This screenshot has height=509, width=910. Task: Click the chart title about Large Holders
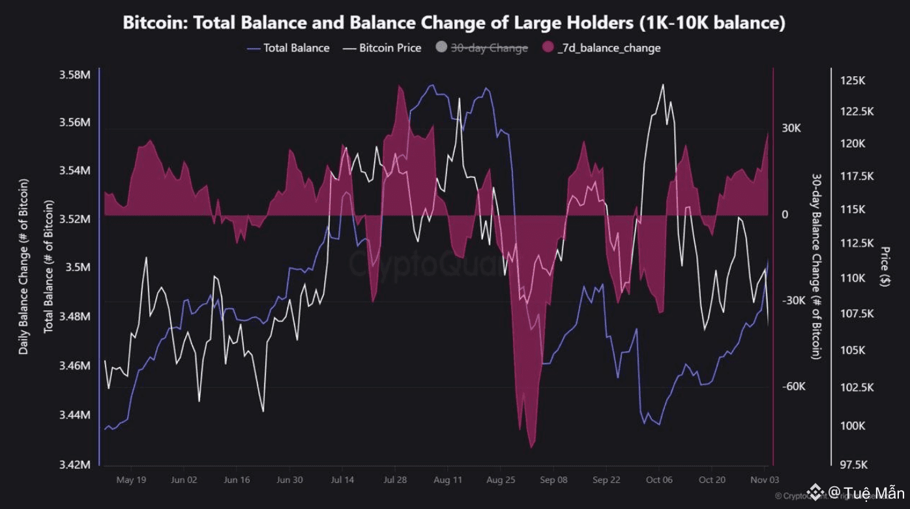point(454,23)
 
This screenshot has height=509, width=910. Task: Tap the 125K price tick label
point(853,81)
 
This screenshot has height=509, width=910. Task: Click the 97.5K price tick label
point(853,465)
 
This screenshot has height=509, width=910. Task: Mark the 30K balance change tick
point(791,128)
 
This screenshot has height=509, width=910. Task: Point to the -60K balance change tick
point(793,386)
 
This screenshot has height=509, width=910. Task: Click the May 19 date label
point(130,480)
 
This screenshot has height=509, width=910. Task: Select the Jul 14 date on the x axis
point(342,480)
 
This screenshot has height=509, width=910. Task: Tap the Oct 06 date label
point(658,480)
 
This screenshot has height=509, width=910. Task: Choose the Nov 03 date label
point(763,480)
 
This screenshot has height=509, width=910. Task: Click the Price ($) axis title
point(885,267)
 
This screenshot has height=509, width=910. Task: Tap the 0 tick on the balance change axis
point(785,215)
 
